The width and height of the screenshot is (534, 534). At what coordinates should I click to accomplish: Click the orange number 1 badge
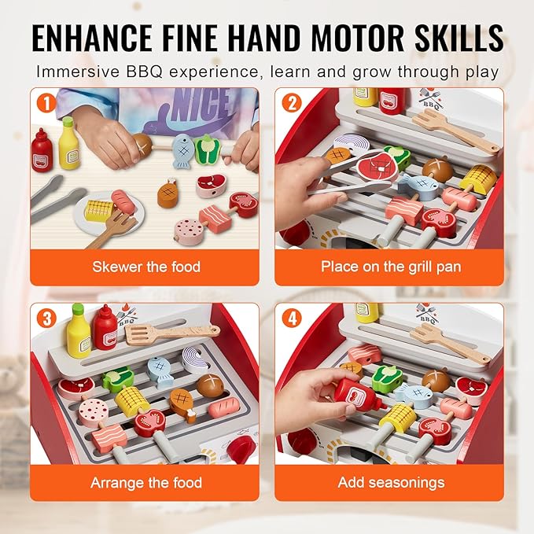pyautogui.click(x=46, y=102)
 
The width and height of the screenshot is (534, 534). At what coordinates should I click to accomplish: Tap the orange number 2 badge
pyautogui.click(x=292, y=102)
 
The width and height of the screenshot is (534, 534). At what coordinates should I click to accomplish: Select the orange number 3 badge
pyautogui.click(x=46, y=319)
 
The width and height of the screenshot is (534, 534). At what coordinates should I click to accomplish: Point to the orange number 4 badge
pyautogui.click(x=292, y=319)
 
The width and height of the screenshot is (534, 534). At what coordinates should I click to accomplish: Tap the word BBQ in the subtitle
pyautogui.click(x=144, y=72)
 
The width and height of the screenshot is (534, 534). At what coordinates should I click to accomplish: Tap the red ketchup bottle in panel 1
pyautogui.click(x=42, y=150)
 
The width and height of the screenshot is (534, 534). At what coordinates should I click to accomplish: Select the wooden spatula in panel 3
pyautogui.click(x=172, y=333)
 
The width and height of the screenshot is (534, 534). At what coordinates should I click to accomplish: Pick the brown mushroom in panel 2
pyautogui.click(x=437, y=168)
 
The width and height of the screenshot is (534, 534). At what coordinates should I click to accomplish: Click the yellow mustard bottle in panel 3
pyautogui.click(x=79, y=331)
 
